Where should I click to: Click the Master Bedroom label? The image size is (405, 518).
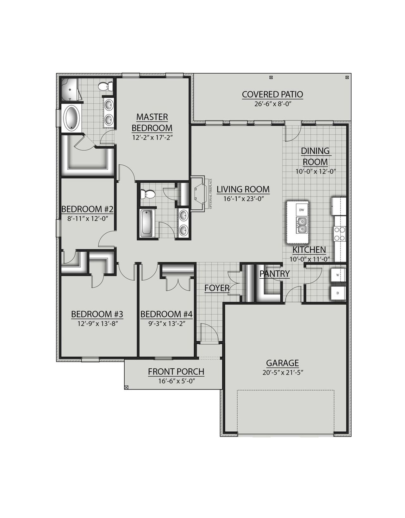152,122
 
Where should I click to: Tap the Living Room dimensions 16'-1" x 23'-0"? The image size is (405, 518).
243,199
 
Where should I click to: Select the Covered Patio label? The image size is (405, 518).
272,94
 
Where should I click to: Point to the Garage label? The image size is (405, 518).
282,363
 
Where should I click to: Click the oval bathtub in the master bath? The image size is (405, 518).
72,118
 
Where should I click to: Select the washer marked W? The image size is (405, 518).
338,275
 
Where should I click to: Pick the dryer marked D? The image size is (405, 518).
338,293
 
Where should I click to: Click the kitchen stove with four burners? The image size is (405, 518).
340,234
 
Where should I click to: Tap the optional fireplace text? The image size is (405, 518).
210,194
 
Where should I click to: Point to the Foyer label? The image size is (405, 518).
217,288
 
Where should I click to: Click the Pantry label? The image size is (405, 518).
275,274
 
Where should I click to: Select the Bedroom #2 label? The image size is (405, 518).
87,209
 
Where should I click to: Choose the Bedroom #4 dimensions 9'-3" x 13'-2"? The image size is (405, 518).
166,323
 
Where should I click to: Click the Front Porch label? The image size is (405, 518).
176,372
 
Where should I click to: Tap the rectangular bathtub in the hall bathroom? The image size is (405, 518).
147,223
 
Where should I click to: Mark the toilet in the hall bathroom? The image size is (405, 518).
148,194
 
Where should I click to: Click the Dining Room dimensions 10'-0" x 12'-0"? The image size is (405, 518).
315,171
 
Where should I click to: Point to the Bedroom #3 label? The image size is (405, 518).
97,314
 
